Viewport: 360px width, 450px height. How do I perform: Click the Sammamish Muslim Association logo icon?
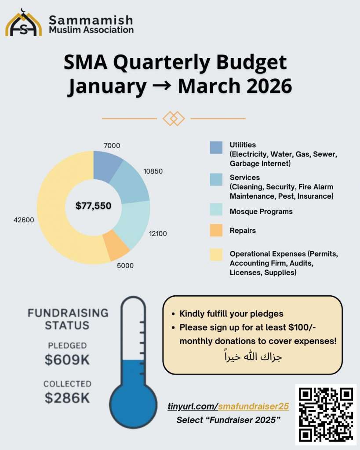point(23,23)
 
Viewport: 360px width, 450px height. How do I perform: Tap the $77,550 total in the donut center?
point(93,205)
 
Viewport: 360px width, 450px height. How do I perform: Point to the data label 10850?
point(153,171)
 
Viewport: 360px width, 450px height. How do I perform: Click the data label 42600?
point(24,220)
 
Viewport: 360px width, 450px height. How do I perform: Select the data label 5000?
point(125,265)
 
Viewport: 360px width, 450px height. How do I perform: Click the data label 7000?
point(112,145)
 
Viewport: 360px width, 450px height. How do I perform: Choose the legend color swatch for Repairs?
point(216,230)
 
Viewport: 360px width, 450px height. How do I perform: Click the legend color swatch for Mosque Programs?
point(216,211)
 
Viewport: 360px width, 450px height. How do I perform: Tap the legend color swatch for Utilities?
point(216,148)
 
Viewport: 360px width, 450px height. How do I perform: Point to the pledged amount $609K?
point(67,359)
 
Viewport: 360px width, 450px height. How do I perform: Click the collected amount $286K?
point(67,398)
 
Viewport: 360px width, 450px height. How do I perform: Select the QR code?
point(326,414)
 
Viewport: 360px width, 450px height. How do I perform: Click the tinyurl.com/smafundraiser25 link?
point(228,406)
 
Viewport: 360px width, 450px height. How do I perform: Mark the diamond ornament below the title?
point(174,118)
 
